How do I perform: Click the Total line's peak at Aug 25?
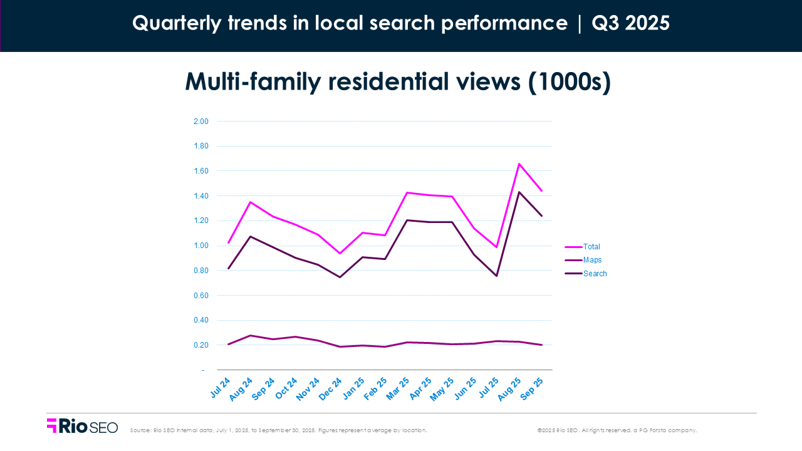(519, 163)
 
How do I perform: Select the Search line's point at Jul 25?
(497, 276)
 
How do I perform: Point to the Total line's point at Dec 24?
(340, 254)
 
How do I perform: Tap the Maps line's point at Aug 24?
(251, 336)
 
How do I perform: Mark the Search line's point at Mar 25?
(407, 220)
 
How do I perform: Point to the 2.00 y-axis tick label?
(200, 122)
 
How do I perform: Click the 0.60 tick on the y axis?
(200, 296)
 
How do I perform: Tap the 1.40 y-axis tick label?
(200, 196)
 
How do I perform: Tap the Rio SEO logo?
(82, 426)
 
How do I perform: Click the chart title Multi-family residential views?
(397, 83)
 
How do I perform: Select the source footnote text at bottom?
(278, 430)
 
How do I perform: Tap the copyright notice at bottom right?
(617, 430)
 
